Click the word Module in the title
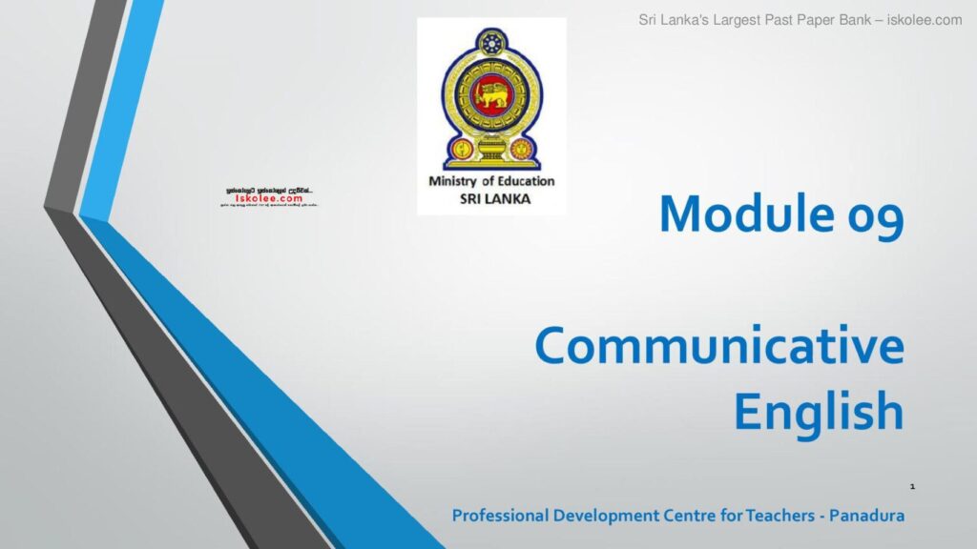(739, 213)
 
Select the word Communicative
(719, 347)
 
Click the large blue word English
(818, 412)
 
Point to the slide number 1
(912, 488)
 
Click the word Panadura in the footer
(863, 516)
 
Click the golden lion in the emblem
(493, 92)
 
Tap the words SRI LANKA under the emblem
(492, 198)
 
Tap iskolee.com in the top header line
(927, 19)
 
